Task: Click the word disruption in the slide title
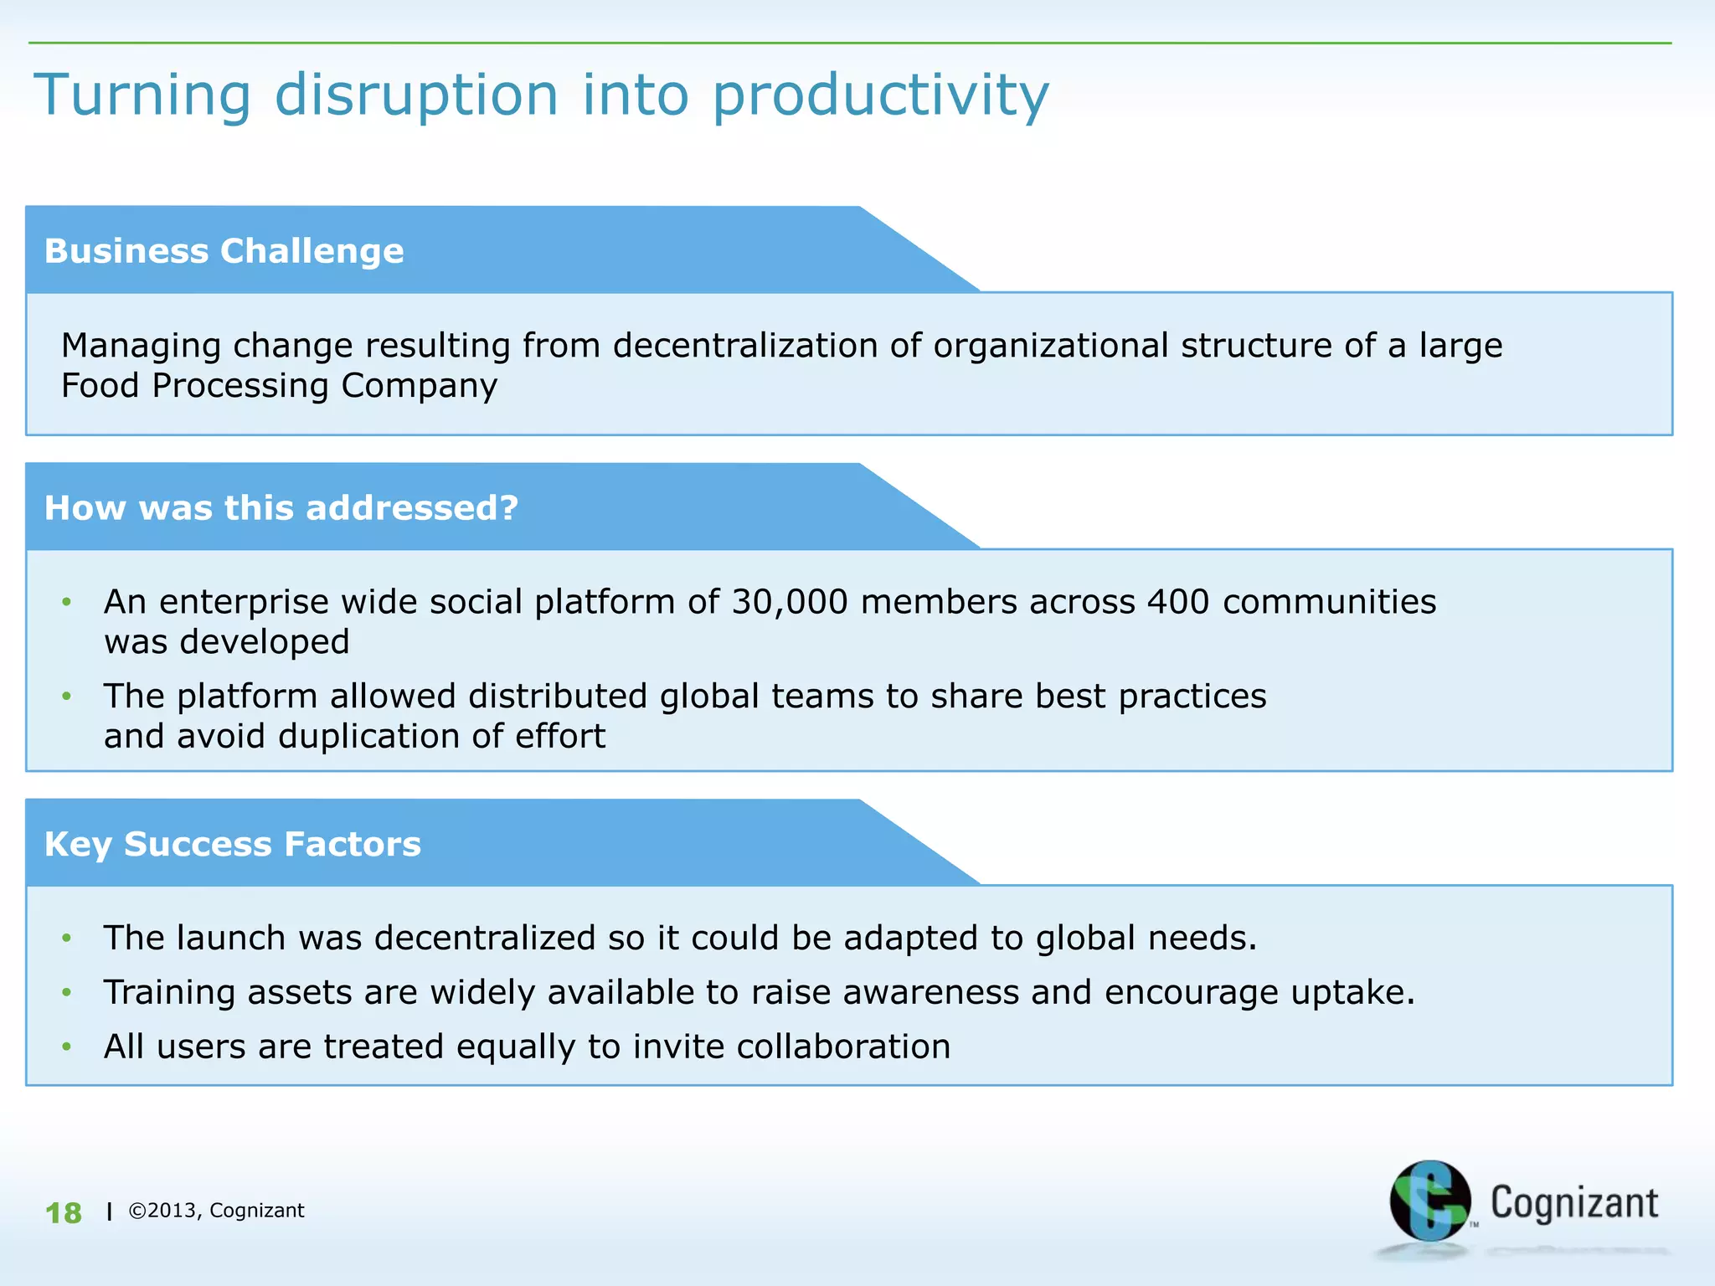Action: point(416,94)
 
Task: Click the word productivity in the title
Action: point(880,94)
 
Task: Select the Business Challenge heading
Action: point(224,251)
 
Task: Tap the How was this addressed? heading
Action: point(281,508)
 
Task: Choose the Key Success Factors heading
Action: point(232,844)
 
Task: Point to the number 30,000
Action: point(790,602)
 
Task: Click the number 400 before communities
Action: point(1178,602)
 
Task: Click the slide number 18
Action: point(64,1213)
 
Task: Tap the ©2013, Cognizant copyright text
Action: point(216,1211)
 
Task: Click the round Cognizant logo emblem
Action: point(1429,1201)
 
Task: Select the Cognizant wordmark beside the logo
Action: point(1573,1203)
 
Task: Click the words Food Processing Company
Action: point(279,386)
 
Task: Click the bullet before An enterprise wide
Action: point(67,602)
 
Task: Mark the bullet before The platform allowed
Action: point(67,697)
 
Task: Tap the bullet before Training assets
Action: point(67,993)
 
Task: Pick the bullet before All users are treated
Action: point(67,1047)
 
